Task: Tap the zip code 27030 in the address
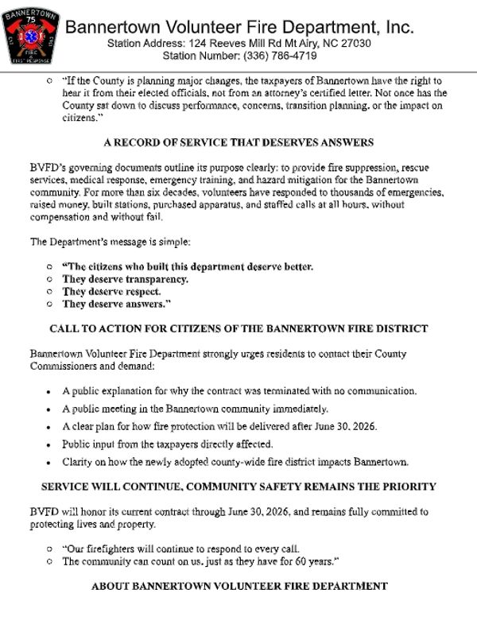click(x=354, y=43)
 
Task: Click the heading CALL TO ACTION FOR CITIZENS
click(x=238, y=328)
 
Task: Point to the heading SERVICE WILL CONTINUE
click(x=238, y=486)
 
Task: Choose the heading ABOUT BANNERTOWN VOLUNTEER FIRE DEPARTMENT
click(x=238, y=587)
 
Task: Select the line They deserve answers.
click(x=117, y=304)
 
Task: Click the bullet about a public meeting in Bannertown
click(x=195, y=409)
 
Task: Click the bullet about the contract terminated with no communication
click(x=239, y=391)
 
